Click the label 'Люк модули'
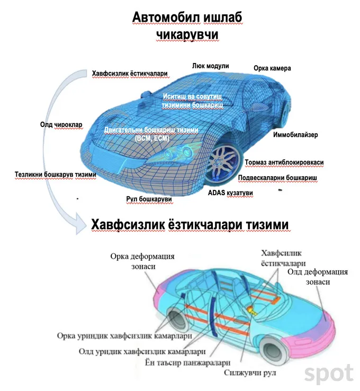pos(210,66)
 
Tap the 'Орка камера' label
pos(272,68)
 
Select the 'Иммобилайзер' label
pos(295,135)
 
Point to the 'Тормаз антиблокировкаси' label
pos(284,162)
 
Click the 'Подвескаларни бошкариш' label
pos(277,178)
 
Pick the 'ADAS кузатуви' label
pos(230,193)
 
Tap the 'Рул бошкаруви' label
pos(149,199)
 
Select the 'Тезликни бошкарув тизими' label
pos(56,175)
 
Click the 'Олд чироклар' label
pos(61,124)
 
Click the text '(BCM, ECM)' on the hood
pos(152,138)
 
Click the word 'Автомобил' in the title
pos(166,17)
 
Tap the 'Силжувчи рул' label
pos(250,373)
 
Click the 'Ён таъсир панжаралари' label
pos(187,362)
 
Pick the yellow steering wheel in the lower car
pos(251,310)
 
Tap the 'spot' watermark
pos(329,374)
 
